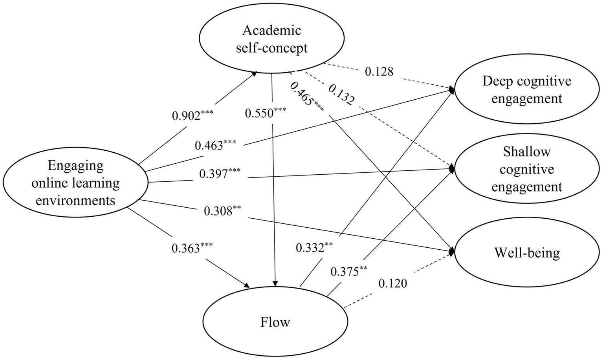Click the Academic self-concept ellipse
click(x=271, y=39)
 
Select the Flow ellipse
click(x=275, y=322)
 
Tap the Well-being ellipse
click(x=527, y=252)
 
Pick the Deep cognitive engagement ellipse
click(x=527, y=90)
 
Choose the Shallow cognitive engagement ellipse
click(x=527, y=169)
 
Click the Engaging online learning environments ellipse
click(x=75, y=183)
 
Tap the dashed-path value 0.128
click(x=379, y=71)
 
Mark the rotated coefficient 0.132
click(x=341, y=94)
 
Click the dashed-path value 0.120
click(x=393, y=283)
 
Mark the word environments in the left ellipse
click(x=75, y=201)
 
